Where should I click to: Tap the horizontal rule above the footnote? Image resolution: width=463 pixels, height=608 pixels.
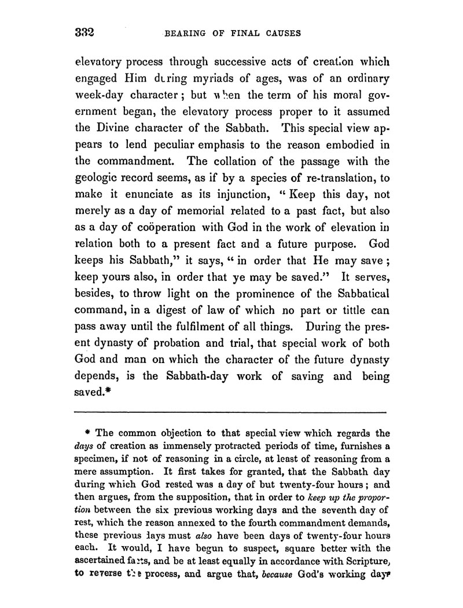click(231, 412)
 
